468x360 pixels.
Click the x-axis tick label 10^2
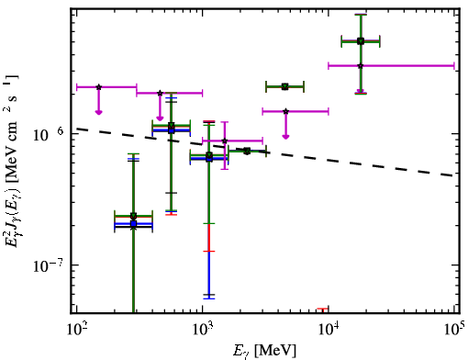point(77,330)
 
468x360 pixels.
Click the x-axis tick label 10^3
point(203,330)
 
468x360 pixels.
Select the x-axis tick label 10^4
point(329,330)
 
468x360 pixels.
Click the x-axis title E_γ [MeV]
point(264,350)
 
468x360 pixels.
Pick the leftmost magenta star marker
point(98,87)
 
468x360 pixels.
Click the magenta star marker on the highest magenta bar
point(361,65)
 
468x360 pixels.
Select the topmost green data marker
point(361,41)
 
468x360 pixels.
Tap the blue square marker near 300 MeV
point(133,223)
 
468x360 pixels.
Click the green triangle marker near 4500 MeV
point(285,86)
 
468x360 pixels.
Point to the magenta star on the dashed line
point(225,141)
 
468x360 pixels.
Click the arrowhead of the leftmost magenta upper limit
point(98,112)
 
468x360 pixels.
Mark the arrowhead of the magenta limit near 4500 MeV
point(285,136)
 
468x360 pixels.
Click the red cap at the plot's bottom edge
point(322,309)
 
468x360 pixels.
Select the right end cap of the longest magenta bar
point(454,65)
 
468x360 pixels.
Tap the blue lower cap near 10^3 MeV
point(209,298)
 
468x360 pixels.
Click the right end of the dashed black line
point(453,175)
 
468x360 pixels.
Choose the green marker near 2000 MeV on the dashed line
point(247,151)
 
